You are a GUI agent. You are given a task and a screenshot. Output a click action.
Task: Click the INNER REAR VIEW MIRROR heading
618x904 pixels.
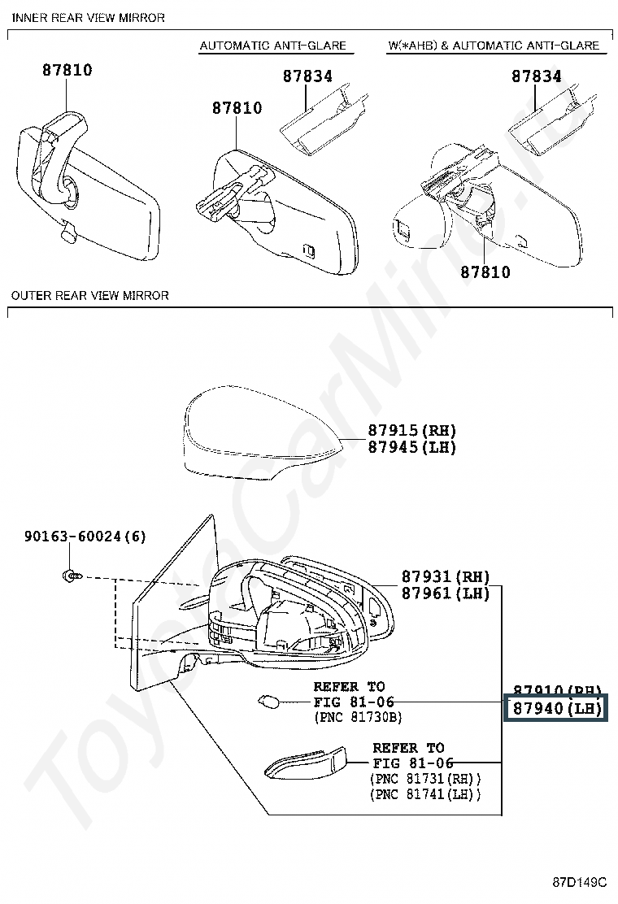coord(89,18)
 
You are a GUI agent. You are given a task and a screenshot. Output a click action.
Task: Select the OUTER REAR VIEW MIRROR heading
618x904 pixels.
coord(90,296)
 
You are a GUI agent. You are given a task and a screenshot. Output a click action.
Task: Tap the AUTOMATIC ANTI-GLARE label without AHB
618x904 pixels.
coord(273,46)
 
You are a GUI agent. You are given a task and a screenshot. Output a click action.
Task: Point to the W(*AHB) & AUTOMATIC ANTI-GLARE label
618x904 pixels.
coord(494,46)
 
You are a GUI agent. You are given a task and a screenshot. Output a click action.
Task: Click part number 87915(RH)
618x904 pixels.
coord(411,431)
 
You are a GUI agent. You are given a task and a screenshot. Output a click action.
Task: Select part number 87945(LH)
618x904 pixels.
coord(411,448)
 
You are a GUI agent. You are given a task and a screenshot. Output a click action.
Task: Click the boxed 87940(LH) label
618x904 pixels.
coord(556,709)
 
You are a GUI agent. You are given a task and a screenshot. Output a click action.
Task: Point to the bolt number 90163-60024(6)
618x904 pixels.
coord(85,537)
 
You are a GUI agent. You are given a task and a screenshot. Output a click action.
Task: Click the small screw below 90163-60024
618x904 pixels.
coord(72,576)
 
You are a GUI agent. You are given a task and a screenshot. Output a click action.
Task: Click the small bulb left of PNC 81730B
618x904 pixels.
coord(268,701)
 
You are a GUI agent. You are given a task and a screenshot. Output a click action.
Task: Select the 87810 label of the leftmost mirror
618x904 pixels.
coord(67,71)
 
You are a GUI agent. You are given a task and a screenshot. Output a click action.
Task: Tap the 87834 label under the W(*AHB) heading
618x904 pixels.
coord(537,76)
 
